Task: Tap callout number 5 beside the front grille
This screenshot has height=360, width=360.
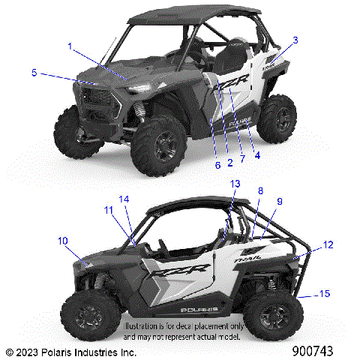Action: coord(34,73)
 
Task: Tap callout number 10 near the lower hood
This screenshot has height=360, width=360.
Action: coord(63,240)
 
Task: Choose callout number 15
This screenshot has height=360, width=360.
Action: coord(324,292)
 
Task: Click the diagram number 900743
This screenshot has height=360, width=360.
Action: coord(321,351)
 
